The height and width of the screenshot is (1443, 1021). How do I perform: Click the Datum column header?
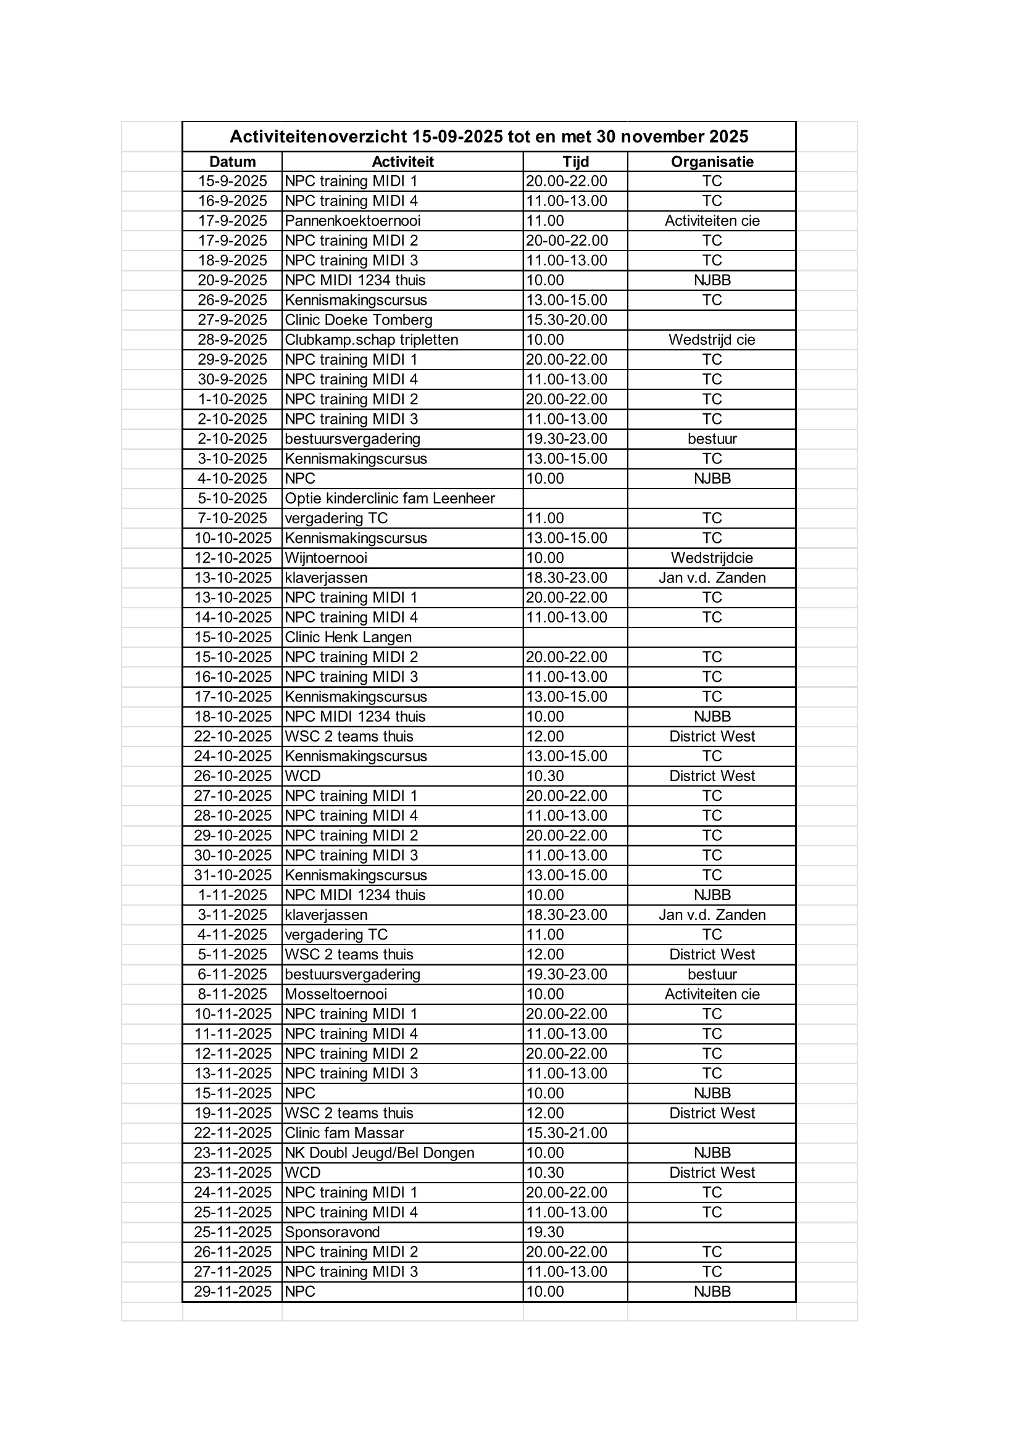click(x=232, y=162)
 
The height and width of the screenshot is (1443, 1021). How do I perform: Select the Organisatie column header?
click(x=712, y=162)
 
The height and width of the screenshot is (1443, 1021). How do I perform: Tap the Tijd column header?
click(x=575, y=162)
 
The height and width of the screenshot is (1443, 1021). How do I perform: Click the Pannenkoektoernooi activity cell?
click(x=352, y=221)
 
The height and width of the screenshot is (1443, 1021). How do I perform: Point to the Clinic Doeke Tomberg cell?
click(x=359, y=320)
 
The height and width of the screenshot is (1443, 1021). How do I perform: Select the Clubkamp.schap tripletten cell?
click(x=371, y=340)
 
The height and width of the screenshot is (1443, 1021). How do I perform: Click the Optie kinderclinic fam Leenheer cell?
click(x=390, y=498)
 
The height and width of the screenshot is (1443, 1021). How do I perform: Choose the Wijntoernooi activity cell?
click(x=326, y=558)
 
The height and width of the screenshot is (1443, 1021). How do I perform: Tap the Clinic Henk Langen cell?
click(x=348, y=637)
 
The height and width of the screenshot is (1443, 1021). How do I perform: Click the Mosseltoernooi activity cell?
click(x=336, y=994)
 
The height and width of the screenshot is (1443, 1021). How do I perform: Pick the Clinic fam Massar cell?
click(x=344, y=1133)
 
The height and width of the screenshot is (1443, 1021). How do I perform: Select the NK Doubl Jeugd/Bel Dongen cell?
click(x=379, y=1152)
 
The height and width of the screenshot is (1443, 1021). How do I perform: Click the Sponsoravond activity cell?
click(x=332, y=1232)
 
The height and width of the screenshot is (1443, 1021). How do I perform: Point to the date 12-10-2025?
click(x=233, y=558)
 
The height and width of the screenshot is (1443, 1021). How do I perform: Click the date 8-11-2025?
click(x=233, y=994)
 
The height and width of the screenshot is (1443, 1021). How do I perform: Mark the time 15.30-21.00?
click(x=567, y=1133)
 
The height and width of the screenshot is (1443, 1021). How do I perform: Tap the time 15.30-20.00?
click(x=567, y=320)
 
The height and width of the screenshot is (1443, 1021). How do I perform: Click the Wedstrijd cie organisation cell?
click(x=712, y=340)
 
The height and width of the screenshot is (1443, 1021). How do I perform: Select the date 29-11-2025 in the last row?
click(x=233, y=1291)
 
